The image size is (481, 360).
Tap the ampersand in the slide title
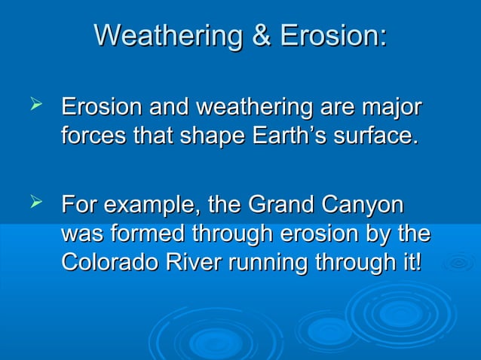pyautogui.click(x=261, y=35)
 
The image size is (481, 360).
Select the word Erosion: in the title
pyautogui.click(x=332, y=35)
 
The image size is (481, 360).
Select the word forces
pyautogui.click(x=93, y=136)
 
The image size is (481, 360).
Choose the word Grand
pyautogui.click(x=282, y=204)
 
